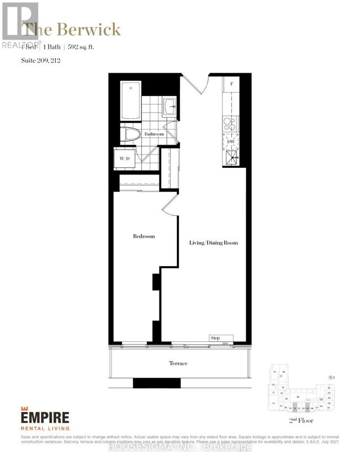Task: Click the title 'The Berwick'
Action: pyautogui.click(x=71, y=29)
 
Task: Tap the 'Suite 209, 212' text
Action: pyautogui.click(x=41, y=60)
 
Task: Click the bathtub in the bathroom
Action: pyautogui.click(x=131, y=101)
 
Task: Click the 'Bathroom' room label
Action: pyautogui.click(x=154, y=134)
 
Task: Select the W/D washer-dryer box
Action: pyautogui.click(x=125, y=159)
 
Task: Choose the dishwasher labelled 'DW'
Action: pyautogui.click(x=231, y=141)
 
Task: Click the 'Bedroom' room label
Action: pyautogui.click(x=144, y=236)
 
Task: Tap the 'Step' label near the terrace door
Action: pyautogui.click(x=215, y=337)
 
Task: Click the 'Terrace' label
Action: pyautogui.click(x=178, y=363)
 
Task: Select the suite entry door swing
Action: pyautogui.click(x=194, y=85)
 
